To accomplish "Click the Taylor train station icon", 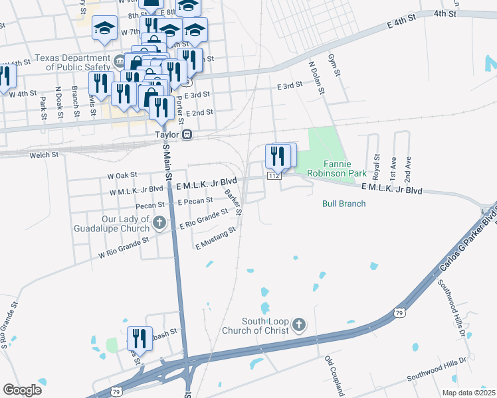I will (187, 134).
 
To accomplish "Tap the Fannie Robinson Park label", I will (336, 168).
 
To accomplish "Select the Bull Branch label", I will (344, 204).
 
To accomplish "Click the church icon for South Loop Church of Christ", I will (299, 325).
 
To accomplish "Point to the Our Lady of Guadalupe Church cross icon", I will (159, 223).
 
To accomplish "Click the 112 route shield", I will (274, 176).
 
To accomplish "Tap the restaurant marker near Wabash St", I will (140, 337).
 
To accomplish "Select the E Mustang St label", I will (215, 239).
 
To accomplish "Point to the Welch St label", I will (45, 155).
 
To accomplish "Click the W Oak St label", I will (122, 174).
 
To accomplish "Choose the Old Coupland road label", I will (336, 375).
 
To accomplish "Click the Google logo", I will (22, 390).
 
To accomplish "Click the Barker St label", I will (233, 201).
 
